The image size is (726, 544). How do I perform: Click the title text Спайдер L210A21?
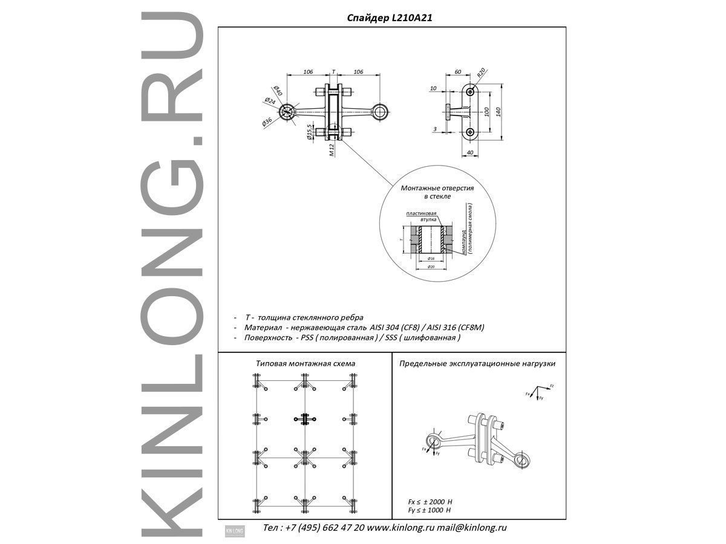(x=390, y=18)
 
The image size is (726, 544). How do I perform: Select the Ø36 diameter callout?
(x=266, y=121)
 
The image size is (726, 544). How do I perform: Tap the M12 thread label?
(x=332, y=149)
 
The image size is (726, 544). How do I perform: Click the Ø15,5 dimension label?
(x=309, y=132)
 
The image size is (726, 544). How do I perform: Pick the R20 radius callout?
(x=482, y=73)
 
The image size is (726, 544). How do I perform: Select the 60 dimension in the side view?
(x=457, y=72)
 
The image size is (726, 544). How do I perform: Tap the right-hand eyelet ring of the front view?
(x=379, y=111)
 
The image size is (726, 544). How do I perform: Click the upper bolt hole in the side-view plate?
(x=470, y=92)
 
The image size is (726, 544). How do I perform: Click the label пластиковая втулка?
(x=421, y=216)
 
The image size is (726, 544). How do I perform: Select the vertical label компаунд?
(x=464, y=242)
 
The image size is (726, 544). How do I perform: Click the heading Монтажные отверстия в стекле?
(x=437, y=192)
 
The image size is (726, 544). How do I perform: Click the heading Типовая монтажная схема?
(x=306, y=364)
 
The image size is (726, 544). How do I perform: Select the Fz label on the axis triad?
(x=552, y=385)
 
